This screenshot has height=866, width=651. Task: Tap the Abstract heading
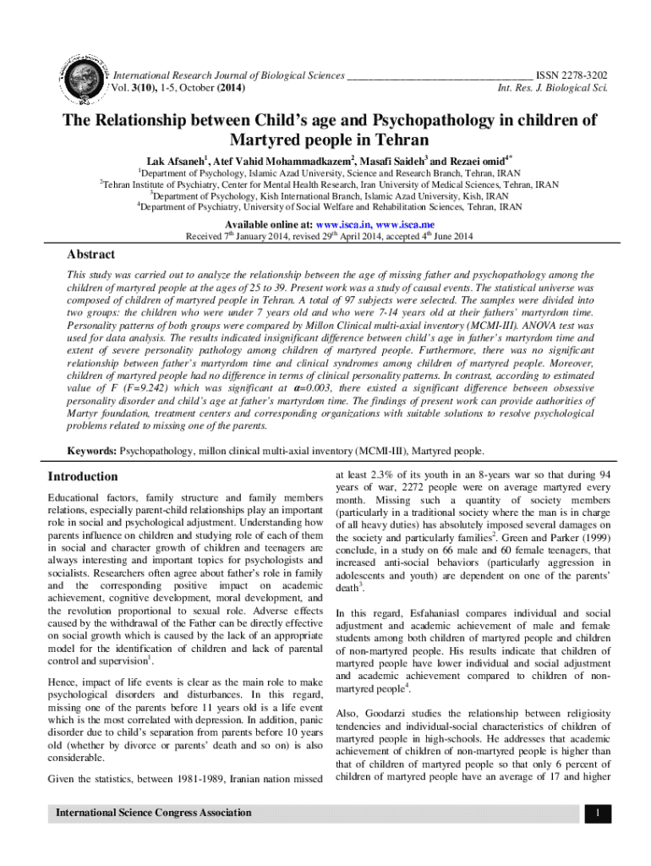pyautogui.click(x=90, y=255)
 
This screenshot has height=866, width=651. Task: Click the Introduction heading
pyautogui.click(x=83, y=476)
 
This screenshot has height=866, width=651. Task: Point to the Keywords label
pyautogui.click(x=91, y=452)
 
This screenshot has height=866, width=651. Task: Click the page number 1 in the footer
pyautogui.click(x=597, y=814)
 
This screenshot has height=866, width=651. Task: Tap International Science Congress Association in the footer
pyautogui.click(x=153, y=813)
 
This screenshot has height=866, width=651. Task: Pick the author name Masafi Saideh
pyautogui.click(x=390, y=160)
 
